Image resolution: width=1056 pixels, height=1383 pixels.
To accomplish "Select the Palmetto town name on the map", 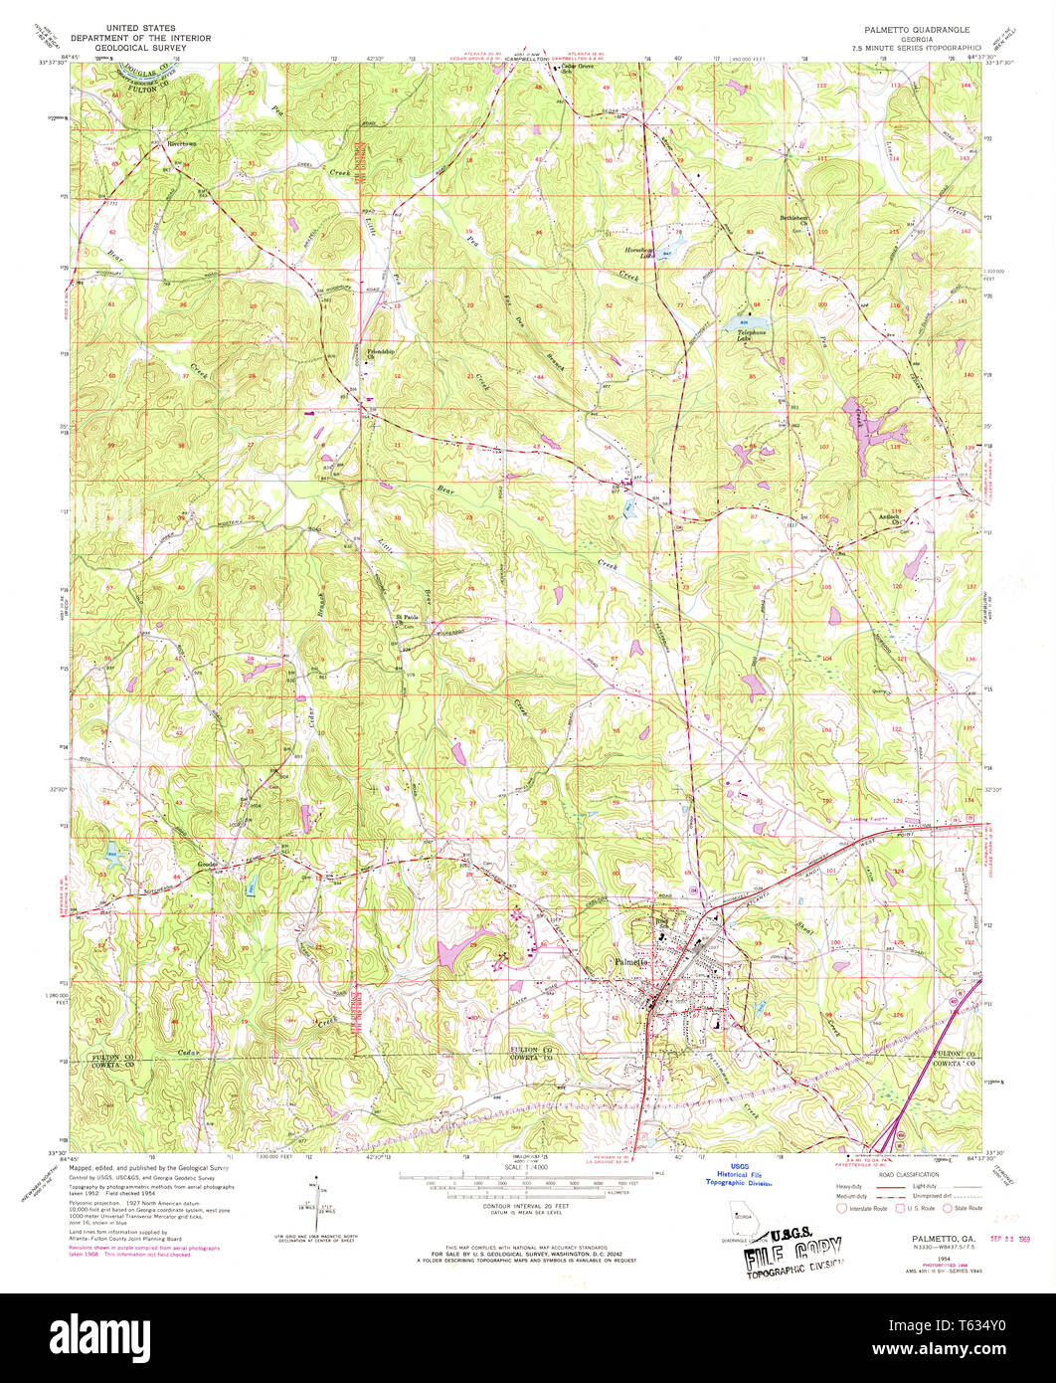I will click(629, 962).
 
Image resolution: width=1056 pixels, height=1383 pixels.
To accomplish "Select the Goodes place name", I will click(208, 865).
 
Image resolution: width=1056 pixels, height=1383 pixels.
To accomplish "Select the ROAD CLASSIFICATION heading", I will click(908, 1173).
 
